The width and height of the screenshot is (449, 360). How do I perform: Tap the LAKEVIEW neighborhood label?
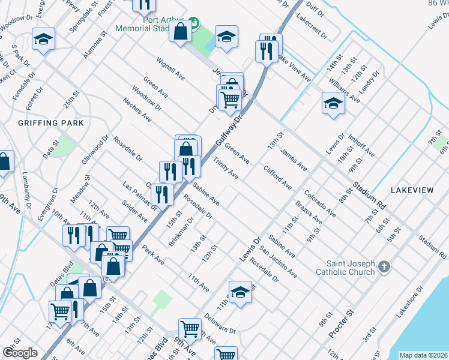tap(412, 190)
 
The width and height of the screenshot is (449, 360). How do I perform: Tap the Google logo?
tap(20, 353)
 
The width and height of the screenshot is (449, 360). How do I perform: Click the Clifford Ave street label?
tap(277, 178)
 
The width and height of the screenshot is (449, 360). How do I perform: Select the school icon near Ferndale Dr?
tap(43, 39)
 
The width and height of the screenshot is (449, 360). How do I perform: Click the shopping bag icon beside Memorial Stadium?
tap(181, 31)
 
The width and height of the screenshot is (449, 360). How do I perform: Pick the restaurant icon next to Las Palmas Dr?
tap(162, 194)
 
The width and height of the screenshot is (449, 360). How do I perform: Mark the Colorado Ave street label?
tap(319, 205)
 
